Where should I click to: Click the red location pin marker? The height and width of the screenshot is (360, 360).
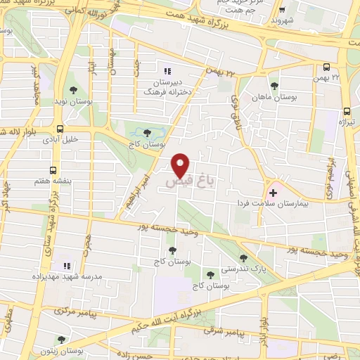(181, 165)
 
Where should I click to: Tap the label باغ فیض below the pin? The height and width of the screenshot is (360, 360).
(188, 181)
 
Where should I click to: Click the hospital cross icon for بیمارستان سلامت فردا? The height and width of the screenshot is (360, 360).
(274, 191)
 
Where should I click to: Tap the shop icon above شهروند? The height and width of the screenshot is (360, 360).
(282, 11)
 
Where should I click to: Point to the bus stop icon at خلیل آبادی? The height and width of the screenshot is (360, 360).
(60, 129)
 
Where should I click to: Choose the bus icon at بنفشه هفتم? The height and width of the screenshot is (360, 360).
(53, 170)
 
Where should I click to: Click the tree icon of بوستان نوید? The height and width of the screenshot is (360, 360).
(74, 90)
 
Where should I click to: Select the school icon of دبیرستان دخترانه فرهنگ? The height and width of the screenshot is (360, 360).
(167, 71)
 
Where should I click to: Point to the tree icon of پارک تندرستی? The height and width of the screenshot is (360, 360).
(243, 258)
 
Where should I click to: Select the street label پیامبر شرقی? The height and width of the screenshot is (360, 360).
(227, 330)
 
